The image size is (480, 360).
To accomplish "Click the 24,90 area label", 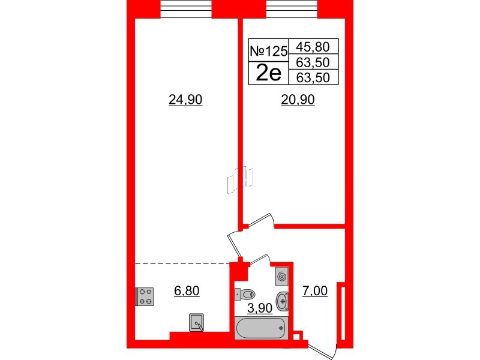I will [x=187, y=101].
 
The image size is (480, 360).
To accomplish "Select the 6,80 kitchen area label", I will [x=186, y=292].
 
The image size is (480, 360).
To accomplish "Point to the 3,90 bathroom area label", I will [x=262, y=308].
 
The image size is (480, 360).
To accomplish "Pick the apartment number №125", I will [x=268, y=52].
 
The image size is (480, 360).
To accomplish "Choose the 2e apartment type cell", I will [x=268, y=73].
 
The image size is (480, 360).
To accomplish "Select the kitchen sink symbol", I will [x=196, y=323].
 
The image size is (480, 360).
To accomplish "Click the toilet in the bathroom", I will [x=245, y=294].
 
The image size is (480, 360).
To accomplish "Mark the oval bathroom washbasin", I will [x=283, y=299].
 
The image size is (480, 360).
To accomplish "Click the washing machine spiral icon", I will [x=283, y=277].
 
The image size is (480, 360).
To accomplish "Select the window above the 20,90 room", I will [x=292, y=8].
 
